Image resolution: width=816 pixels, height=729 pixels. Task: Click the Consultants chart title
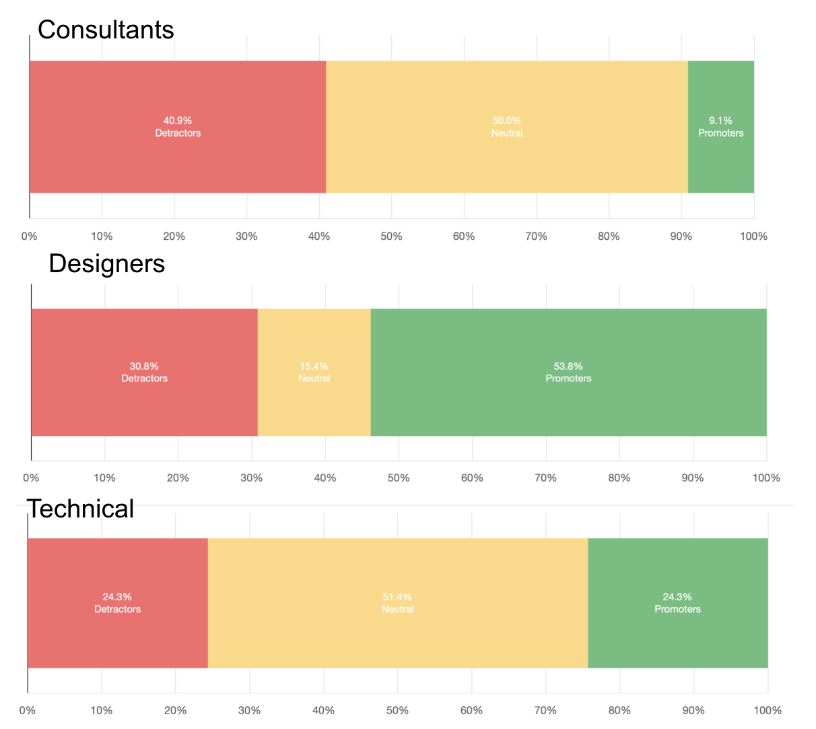[106, 30]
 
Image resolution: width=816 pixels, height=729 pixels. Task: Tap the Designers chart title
[107, 263]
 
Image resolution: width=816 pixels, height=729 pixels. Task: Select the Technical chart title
[80, 509]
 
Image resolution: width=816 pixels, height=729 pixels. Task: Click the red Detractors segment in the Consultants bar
[178, 127]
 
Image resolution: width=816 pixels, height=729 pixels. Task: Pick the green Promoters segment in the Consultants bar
[721, 127]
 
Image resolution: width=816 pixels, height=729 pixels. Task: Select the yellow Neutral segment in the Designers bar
[314, 373]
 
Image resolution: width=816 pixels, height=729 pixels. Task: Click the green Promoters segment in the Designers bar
[569, 373]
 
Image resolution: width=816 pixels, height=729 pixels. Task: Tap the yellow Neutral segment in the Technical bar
[398, 603]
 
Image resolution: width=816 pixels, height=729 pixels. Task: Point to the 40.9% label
[178, 121]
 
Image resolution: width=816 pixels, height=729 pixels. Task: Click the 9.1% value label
[720, 121]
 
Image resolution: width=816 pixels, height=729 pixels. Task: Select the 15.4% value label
[314, 367]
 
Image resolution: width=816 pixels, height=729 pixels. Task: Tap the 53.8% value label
[568, 367]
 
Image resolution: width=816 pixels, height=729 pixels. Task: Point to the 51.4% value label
[397, 597]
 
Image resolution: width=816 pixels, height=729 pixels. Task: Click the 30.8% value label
[144, 367]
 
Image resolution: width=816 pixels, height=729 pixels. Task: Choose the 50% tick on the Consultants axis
[391, 236]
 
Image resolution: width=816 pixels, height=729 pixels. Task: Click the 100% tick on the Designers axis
[766, 478]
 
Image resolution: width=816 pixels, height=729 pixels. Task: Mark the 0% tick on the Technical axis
[28, 710]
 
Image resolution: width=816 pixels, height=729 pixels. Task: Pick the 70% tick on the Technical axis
[546, 710]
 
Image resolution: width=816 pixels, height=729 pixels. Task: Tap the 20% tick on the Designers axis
[178, 478]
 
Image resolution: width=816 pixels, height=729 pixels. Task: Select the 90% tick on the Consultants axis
[681, 236]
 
